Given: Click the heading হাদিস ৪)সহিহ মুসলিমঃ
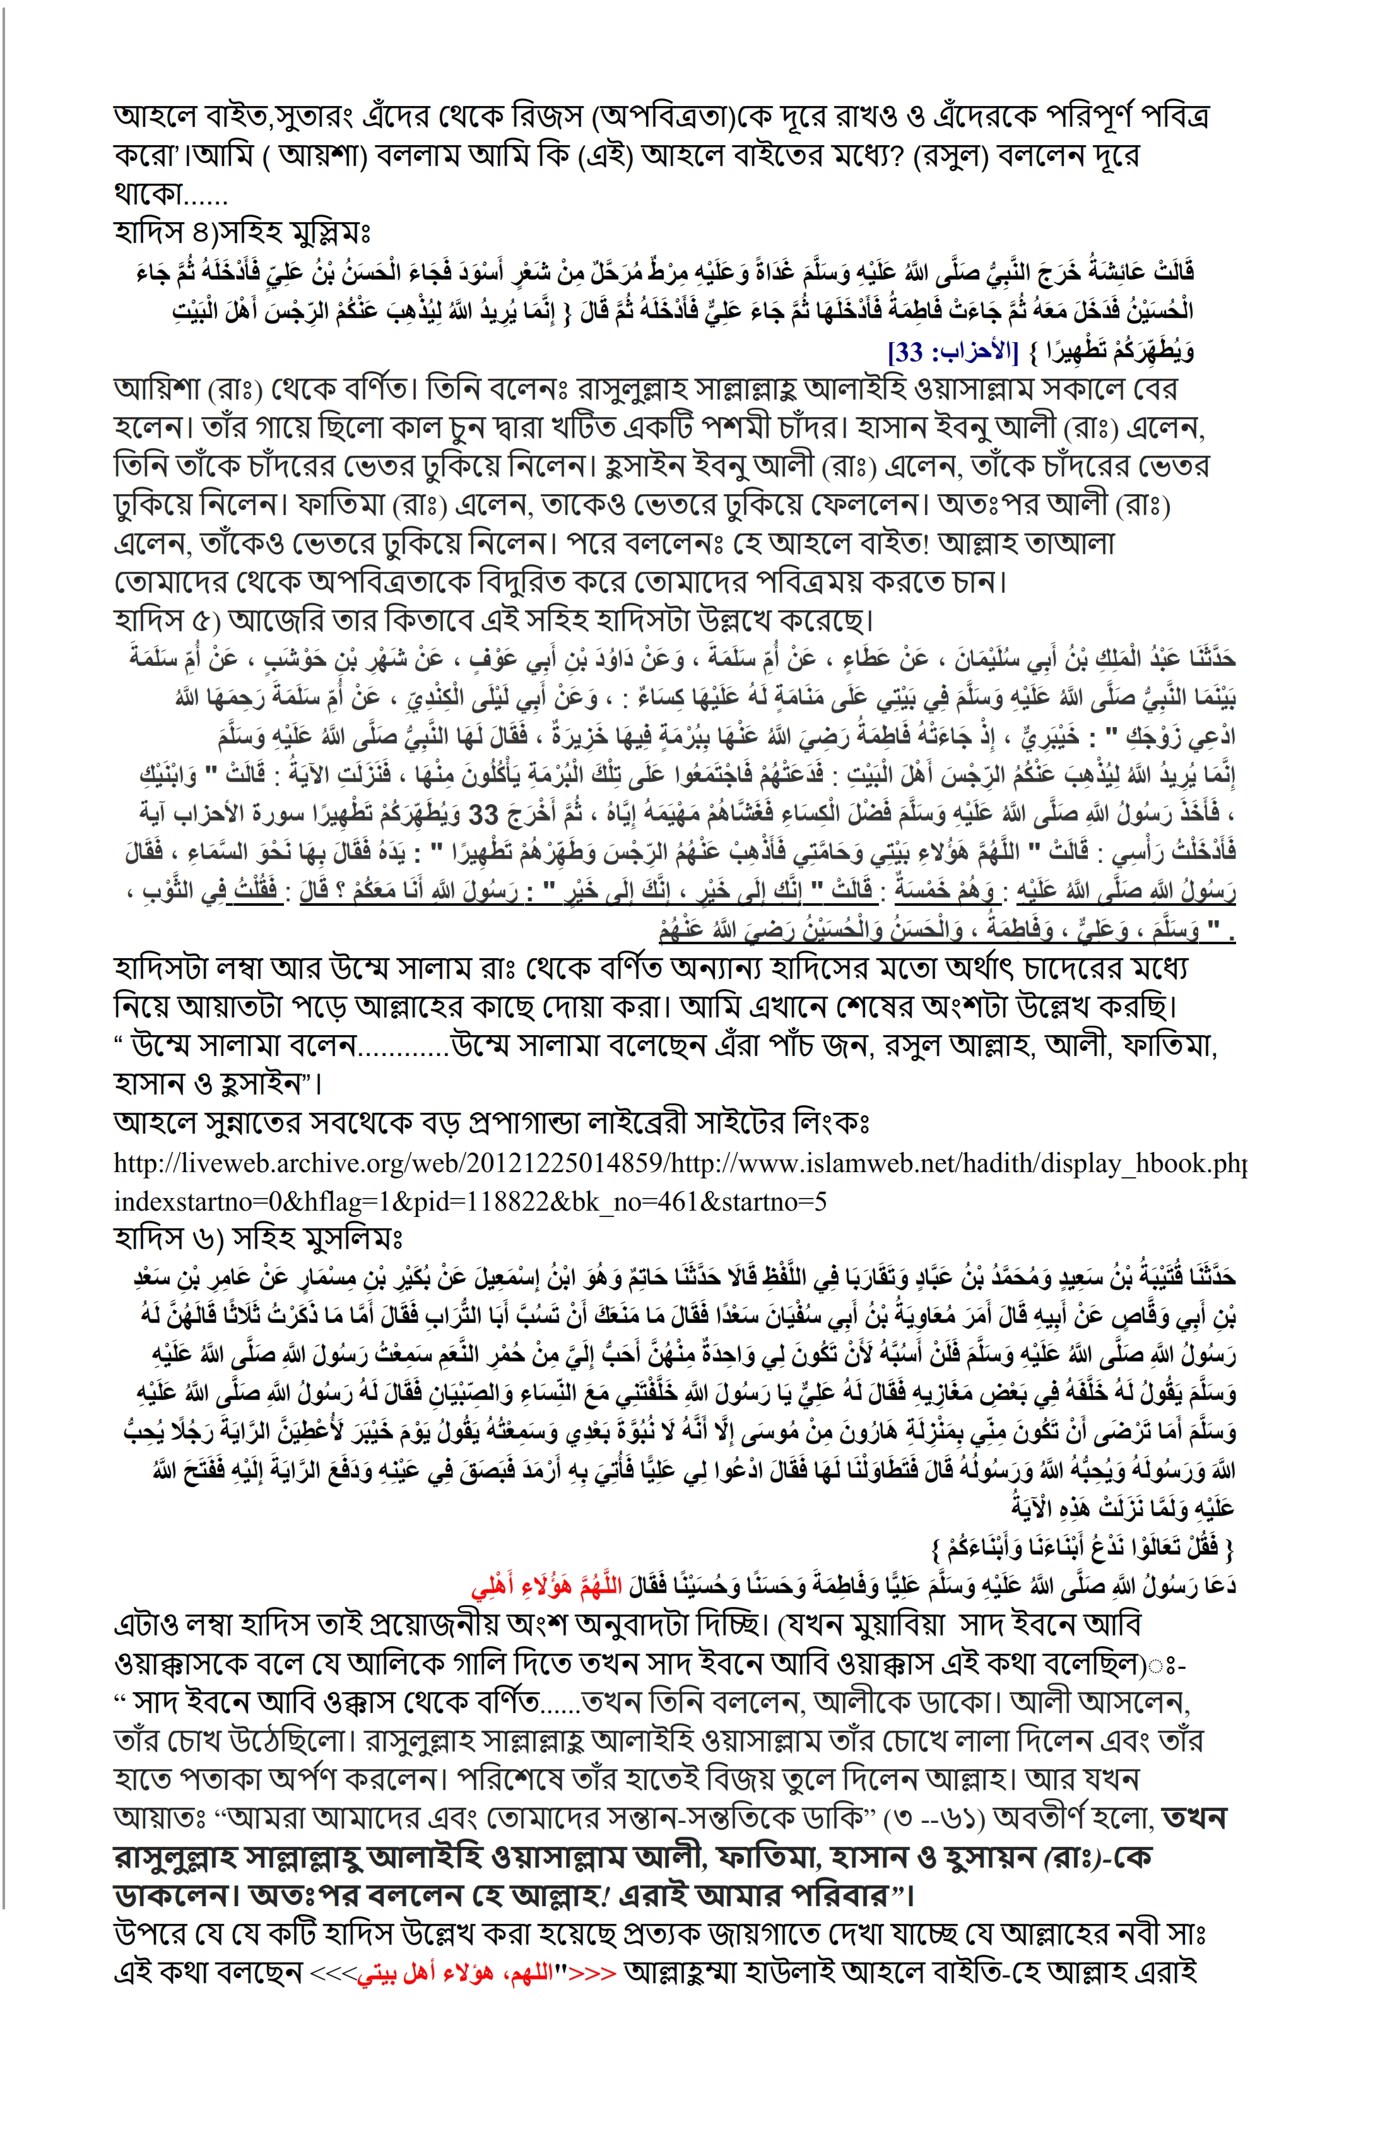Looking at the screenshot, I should [242, 233].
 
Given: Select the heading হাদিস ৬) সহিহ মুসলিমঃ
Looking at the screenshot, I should [259, 1238].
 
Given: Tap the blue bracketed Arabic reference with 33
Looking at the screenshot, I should [952, 352].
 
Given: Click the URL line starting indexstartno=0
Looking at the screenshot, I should [470, 1201].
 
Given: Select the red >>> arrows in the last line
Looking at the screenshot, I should [593, 1972].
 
